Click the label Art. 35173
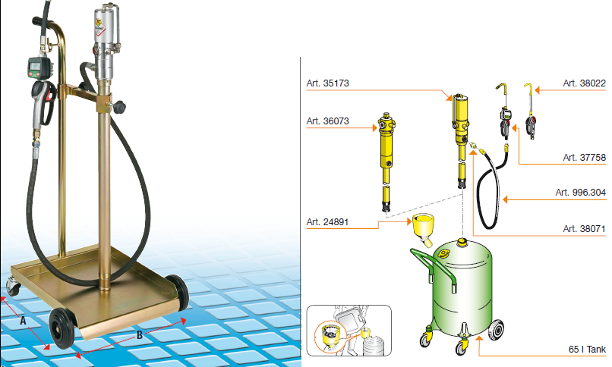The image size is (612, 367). [327, 83]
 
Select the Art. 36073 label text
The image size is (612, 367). [327, 121]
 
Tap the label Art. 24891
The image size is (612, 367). [327, 222]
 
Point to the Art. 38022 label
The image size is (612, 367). [585, 83]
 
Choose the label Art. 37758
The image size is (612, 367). [585, 158]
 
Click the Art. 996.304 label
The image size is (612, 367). [580, 193]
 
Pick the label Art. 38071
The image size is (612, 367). [585, 229]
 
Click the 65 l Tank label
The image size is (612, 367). [587, 349]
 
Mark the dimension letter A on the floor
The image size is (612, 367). [23, 321]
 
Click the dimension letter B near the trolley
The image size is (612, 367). [140, 334]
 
